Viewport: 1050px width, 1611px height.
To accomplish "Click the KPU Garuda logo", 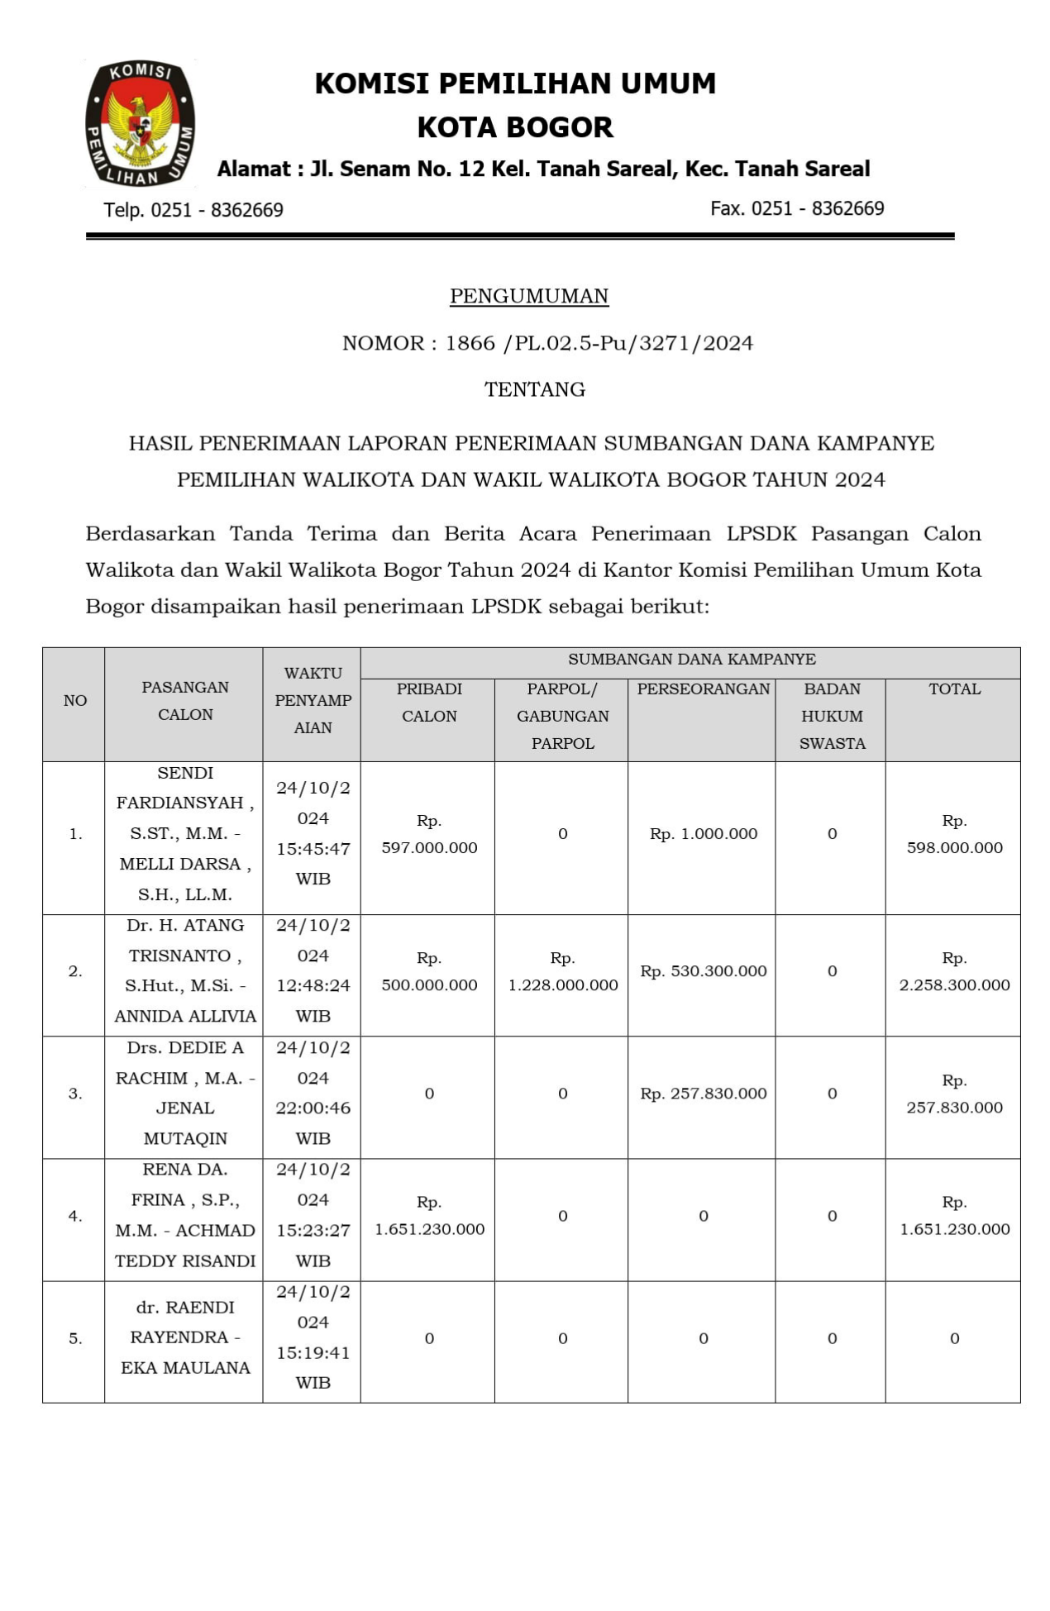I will click(x=140, y=122).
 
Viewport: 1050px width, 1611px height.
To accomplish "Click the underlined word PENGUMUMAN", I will click(x=529, y=296).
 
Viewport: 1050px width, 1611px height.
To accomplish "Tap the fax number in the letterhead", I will click(x=797, y=208).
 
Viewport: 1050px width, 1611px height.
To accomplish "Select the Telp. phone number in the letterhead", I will click(x=193, y=210).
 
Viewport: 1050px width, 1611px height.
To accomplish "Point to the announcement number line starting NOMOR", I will click(x=547, y=343).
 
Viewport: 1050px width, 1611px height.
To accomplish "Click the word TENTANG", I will click(x=535, y=389).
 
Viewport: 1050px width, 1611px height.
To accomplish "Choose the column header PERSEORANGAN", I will click(x=703, y=689).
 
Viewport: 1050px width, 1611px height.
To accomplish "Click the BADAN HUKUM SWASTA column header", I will click(x=832, y=716).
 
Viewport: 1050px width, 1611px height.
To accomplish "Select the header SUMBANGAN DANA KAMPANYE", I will click(x=691, y=659).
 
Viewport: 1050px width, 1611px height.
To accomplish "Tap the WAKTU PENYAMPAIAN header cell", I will click(x=313, y=700).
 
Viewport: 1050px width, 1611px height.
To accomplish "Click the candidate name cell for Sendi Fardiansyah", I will click(x=184, y=833).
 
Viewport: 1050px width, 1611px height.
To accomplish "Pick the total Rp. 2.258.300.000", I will click(x=954, y=972).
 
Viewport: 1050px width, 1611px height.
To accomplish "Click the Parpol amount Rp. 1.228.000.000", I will click(x=562, y=972).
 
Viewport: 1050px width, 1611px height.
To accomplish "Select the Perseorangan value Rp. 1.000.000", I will click(x=703, y=833).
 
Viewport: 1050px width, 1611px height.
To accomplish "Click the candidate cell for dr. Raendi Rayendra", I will click(x=184, y=1337).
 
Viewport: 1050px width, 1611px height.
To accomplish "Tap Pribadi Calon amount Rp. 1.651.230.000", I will click(x=429, y=1216).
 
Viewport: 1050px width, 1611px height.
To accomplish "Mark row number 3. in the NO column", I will click(x=75, y=1094).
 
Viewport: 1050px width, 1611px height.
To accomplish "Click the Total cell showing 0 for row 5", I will click(x=954, y=1338).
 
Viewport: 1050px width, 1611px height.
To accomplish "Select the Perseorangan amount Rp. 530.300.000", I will click(x=703, y=971).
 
